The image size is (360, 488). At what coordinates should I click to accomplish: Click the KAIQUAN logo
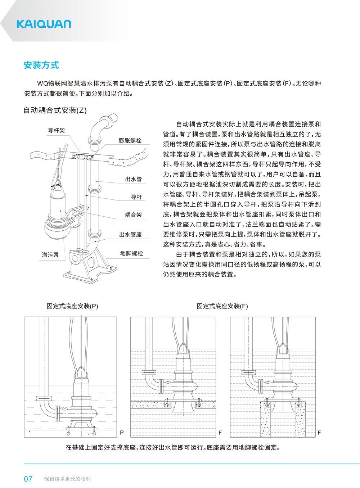pos(44,24)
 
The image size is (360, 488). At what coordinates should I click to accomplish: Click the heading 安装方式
pos(41,65)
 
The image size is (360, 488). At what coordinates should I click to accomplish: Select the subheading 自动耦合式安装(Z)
pos(55,110)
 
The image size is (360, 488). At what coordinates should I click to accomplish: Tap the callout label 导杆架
pos(56,131)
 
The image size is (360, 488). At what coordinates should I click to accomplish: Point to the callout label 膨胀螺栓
pos(130,140)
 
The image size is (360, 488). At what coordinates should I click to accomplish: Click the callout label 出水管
pos(133,179)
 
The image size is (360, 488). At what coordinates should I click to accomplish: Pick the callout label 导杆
pos(136,197)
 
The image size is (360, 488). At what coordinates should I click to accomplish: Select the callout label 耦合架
pos(133,215)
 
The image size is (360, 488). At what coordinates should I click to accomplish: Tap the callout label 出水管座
pos(130,235)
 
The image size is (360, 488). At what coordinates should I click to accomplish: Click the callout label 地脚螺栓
pos(131,253)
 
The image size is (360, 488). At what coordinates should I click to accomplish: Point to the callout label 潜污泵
pos(50,255)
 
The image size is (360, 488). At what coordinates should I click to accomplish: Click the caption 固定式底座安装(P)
pos(72,306)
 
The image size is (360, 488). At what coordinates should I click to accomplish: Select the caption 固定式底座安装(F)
pos(222,306)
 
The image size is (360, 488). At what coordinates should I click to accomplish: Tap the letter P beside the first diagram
pos(122,433)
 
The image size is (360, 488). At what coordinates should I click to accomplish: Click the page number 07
pos(28,479)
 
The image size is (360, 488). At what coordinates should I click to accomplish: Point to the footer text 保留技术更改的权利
pos(67,479)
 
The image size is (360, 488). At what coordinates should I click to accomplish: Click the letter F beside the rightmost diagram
pos(319,433)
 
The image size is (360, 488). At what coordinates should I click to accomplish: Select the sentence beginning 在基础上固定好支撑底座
pos(173,448)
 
